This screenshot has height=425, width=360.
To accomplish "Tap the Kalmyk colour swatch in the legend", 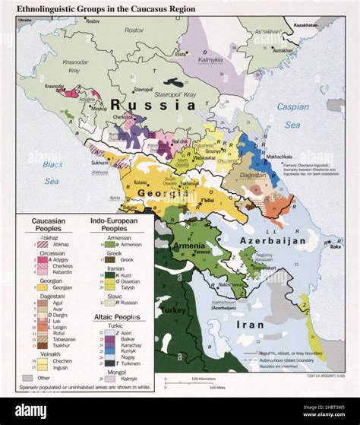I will click(103, 376).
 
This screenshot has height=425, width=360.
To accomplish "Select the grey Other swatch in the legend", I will click(27, 378).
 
